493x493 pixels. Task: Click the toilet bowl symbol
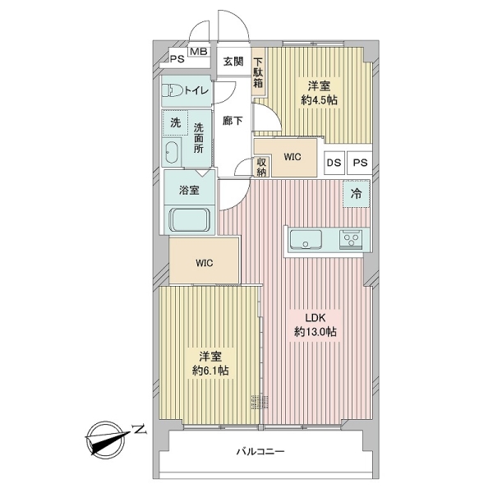click(173, 91)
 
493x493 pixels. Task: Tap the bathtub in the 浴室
click(190, 220)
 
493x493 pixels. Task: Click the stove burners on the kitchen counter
click(351, 240)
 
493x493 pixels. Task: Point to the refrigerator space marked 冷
click(357, 194)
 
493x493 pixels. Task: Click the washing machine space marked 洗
click(176, 123)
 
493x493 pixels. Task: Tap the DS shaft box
click(334, 163)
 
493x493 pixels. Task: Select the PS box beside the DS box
click(360, 163)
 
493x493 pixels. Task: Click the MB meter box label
click(200, 52)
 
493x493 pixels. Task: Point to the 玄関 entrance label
click(233, 62)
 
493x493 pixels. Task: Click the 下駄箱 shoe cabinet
click(258, 72)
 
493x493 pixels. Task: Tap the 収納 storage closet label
click(261, 167)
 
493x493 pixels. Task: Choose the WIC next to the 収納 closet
click(293, 157)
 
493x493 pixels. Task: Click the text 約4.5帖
click(319, 100)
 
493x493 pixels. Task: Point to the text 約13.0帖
click(316, 332)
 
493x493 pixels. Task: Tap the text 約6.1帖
click(210, 371)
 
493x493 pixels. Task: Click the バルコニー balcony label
click(260, 452)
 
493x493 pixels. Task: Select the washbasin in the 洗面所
click(172, 152)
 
